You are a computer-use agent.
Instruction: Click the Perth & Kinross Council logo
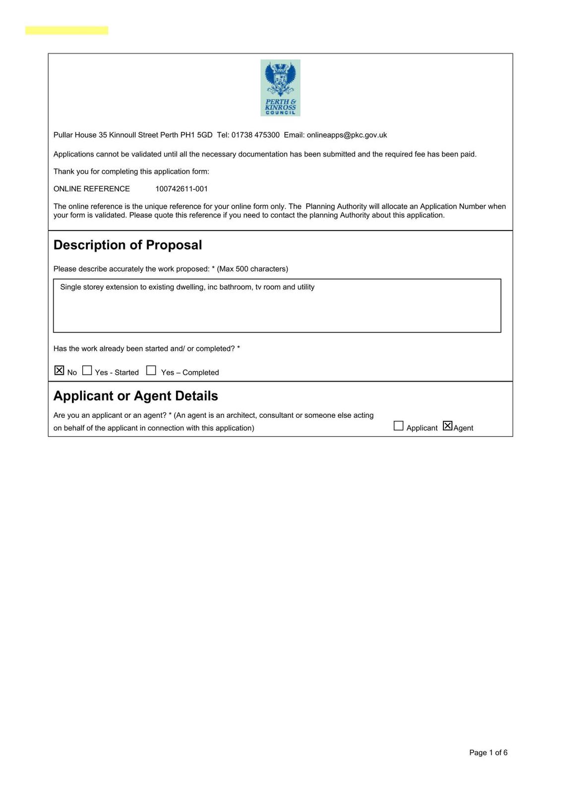280,88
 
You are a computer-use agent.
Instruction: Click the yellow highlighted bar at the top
66,31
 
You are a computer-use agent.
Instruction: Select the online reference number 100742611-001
182,189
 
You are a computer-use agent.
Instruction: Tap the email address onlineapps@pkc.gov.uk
347,135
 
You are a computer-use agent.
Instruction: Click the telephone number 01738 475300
255,135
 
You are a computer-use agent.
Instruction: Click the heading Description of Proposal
127,245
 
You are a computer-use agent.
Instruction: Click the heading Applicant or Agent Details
135,396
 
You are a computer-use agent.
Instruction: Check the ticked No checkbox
60,371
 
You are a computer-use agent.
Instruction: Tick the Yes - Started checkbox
87,371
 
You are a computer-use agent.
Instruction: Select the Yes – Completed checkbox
151,371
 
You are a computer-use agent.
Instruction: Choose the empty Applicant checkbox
398,426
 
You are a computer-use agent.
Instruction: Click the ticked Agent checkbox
447,426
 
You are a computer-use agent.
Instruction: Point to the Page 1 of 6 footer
488,752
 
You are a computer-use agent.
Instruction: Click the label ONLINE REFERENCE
92,189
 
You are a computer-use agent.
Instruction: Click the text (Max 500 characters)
252,269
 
